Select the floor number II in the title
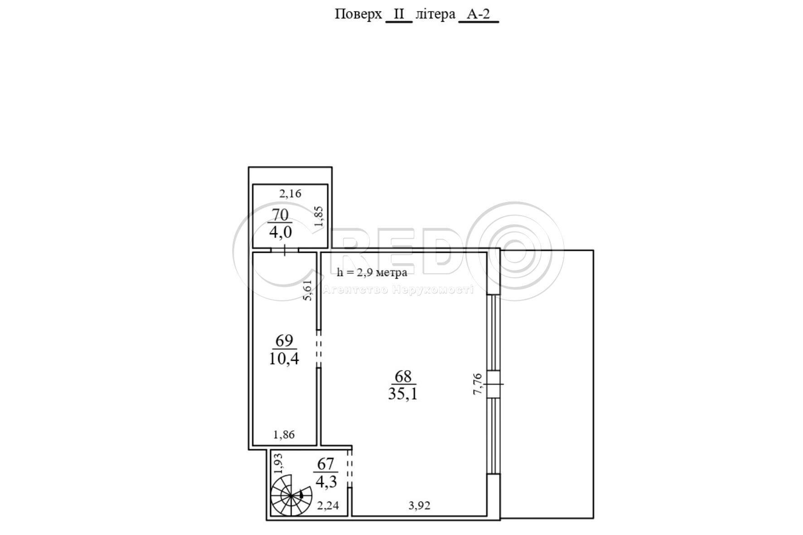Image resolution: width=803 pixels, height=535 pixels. [x=399, y=14]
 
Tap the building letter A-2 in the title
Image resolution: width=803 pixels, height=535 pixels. [x=479, y=14]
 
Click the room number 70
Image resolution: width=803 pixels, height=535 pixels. [x=280, y=214]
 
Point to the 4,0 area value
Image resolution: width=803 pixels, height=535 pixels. [x=280, y=232]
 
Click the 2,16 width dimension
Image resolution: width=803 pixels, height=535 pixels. [x=290, y=194]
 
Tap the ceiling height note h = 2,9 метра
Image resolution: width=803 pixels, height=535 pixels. [x=372, y=272]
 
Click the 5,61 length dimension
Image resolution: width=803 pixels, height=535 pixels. [x=308, y=290]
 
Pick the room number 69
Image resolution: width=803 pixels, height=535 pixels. [x=284, y=340]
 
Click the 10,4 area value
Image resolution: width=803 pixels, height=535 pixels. [x=284, y=359]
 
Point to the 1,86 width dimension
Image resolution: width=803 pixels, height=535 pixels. [x=284, y=435]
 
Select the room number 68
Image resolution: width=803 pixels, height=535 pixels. [x=403, y=376]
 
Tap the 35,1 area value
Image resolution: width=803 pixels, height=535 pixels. [x=403, y=394]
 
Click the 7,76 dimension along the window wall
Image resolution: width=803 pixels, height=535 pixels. [x=478, y=384]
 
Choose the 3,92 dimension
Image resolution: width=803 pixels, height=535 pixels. [x=419, y=506]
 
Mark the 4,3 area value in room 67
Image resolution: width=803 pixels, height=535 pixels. [x=326, y=482]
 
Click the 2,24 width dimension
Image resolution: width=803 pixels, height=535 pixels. [x=328, y=506]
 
